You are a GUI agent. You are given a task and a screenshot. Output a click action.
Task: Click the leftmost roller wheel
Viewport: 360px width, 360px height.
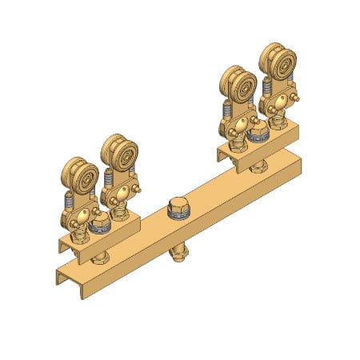coord(80,176)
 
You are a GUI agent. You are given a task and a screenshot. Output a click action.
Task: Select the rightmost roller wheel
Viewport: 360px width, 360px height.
coord(279,63)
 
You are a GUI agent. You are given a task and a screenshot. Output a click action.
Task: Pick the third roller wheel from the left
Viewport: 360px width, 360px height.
coord(239,86)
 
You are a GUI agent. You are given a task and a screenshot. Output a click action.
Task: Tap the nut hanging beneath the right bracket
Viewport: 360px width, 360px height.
coord(258,166)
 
